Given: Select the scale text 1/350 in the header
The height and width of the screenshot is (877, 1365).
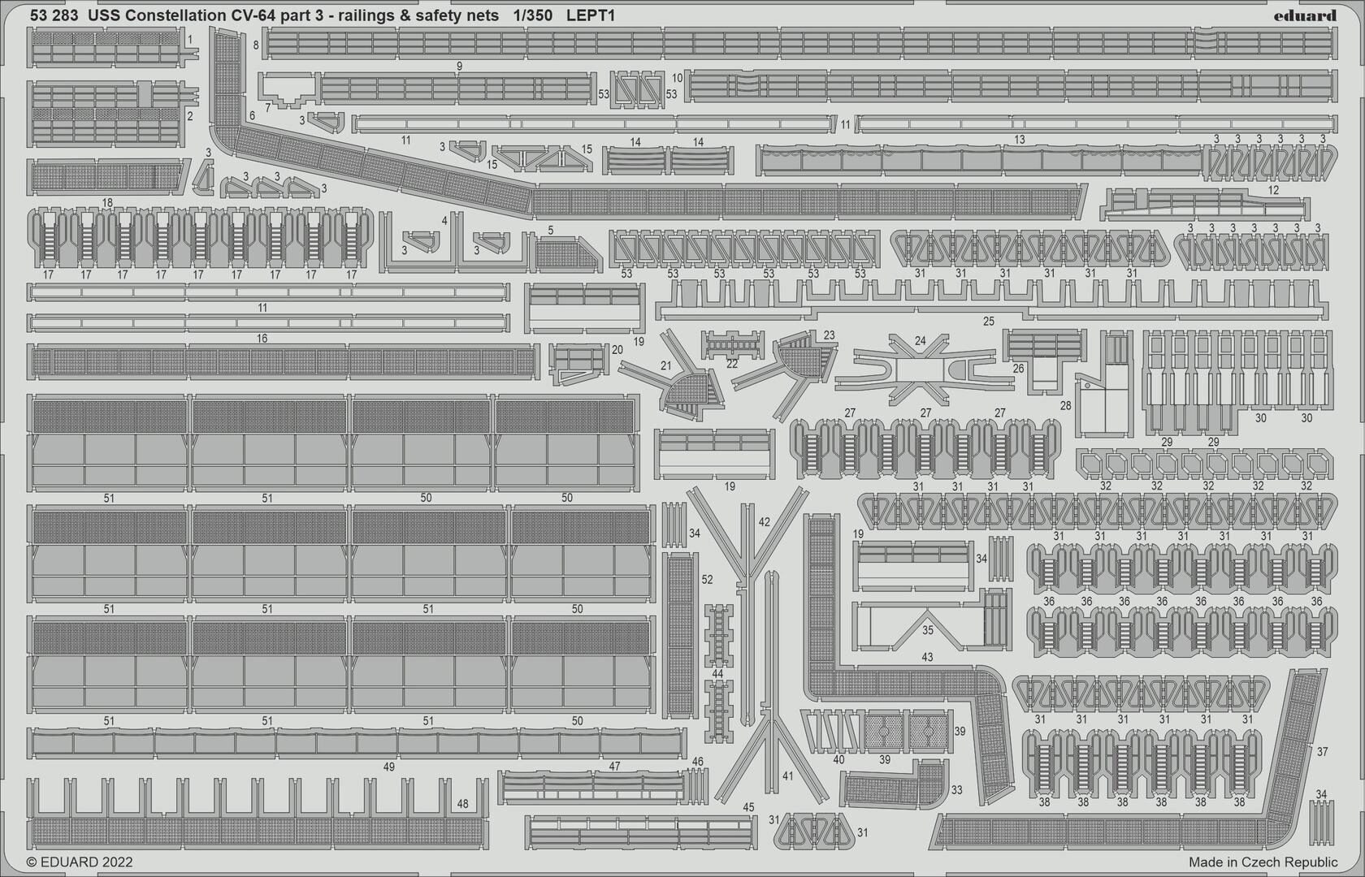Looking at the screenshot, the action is pos(531,16).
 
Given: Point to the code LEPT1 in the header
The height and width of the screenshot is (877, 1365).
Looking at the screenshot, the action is pos(591,16).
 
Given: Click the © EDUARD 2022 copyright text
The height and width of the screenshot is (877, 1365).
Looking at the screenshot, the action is pos(80,862).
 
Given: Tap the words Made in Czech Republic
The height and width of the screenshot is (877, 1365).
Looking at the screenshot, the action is pos(1263,862).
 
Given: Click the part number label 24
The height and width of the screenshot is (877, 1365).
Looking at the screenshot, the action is pos(920,340).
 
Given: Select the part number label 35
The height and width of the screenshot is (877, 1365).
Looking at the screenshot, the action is pos(928,630).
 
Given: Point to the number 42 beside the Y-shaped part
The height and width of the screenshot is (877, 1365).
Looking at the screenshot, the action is pos(764,522).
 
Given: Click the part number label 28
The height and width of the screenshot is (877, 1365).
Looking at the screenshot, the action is pos(1065,406).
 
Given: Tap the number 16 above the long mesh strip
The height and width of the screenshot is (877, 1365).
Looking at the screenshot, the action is pos(262,338).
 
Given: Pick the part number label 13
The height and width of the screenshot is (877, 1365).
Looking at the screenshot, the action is pos(1020,140).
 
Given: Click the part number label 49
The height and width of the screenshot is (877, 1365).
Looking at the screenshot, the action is pos(388,767).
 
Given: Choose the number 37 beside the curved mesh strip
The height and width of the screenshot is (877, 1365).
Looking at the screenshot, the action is pos(1322,752).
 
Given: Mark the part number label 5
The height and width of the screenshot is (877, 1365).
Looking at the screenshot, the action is pos(551,231).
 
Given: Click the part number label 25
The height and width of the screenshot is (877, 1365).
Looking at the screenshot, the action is pos(988,321).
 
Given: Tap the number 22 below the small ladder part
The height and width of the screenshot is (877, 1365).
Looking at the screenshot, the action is pos(732,364).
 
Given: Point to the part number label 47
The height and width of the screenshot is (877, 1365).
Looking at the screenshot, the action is pos(614,767).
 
